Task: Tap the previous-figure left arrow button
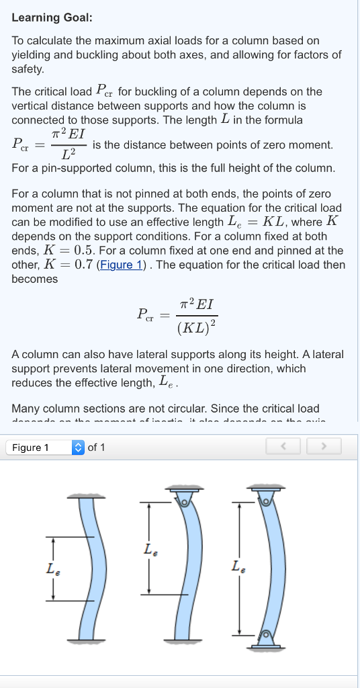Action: point(284,447)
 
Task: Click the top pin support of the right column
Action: point(267,499)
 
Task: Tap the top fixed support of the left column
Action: point(85,496)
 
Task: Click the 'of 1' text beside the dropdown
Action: point(97,447)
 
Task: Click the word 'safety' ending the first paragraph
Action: point(27,69)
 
